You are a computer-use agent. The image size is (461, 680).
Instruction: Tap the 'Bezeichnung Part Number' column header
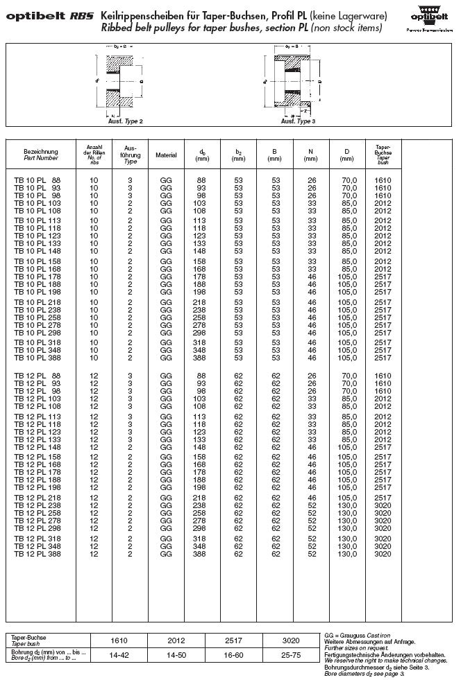40,155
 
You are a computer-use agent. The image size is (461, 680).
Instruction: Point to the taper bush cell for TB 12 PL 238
383,507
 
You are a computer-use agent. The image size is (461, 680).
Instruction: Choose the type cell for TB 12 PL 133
130,439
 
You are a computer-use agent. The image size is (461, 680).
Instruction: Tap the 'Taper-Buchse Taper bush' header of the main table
383,155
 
